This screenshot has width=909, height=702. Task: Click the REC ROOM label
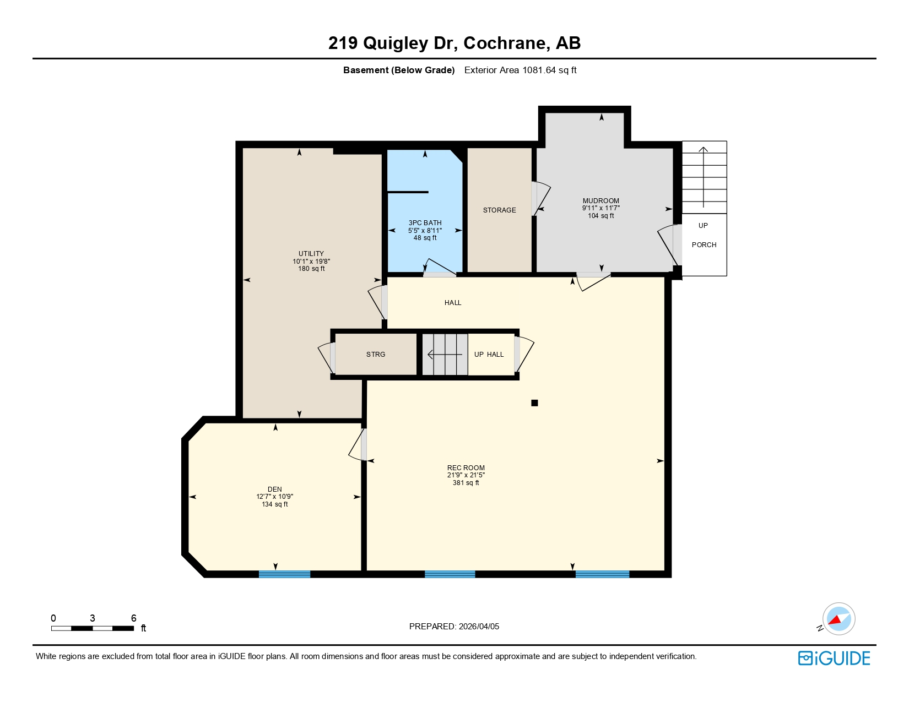[x=466, y=467]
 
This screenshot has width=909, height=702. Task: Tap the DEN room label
[x=274, y=489]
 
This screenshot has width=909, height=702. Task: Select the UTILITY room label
[x=311, y=254]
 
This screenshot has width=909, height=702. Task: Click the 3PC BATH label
[x=425, y=223]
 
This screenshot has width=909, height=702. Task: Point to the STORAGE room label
[x=499, y=210]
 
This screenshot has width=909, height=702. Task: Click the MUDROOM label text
[x=600, y=201]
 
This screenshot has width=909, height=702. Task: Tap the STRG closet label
[x=376, y=355]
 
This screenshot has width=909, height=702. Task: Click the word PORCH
[x=704, y=245]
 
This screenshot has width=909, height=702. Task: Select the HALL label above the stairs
[x=453, y=303]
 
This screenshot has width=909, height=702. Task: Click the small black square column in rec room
[x=534, y=403]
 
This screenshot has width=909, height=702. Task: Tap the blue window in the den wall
[x=284, y=574]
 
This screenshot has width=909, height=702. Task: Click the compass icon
[x=838, y=619]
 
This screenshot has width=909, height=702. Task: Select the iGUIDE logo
[x=834, y=658]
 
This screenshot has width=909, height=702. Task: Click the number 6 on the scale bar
[x=133, y=618]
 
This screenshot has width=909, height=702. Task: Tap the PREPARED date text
[x=454, y=627]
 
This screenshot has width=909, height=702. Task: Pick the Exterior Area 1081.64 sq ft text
[x=520, y=70]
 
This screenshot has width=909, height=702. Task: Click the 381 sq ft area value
[x=466, y=483]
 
